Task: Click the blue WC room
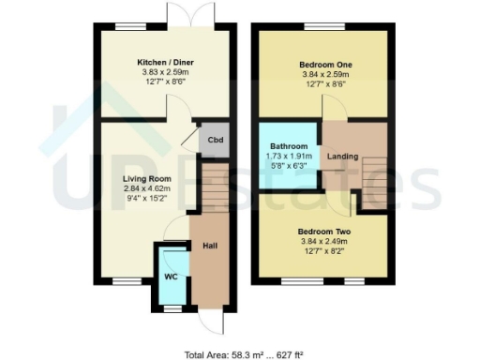click(172, 276)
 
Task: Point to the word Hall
click(210, 246)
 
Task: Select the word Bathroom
click(288, 147)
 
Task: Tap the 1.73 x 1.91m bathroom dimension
click(288, 157)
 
